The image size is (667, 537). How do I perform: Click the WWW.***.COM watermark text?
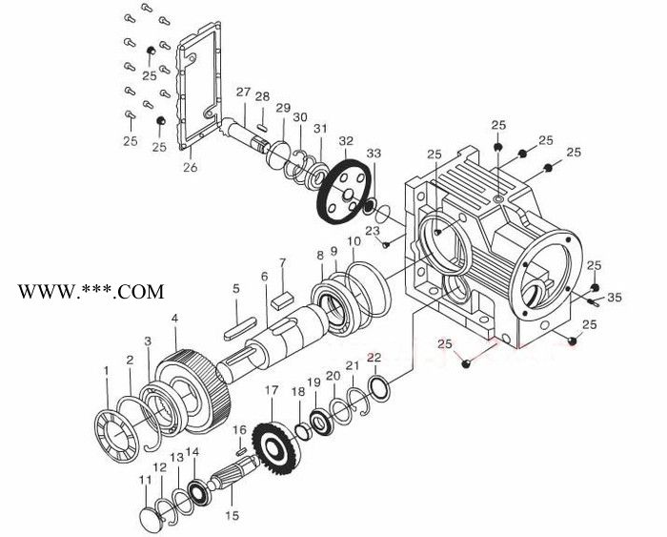(x=91, y=292)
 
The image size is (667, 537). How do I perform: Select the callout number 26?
(x=191, y=167)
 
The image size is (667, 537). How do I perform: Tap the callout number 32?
(x=346, y=140)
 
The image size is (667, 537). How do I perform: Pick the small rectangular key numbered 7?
(x=281, y=299)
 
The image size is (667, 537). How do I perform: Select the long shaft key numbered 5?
(x=240, y=328)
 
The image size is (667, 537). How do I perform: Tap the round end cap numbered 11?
(x=151, y=519)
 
